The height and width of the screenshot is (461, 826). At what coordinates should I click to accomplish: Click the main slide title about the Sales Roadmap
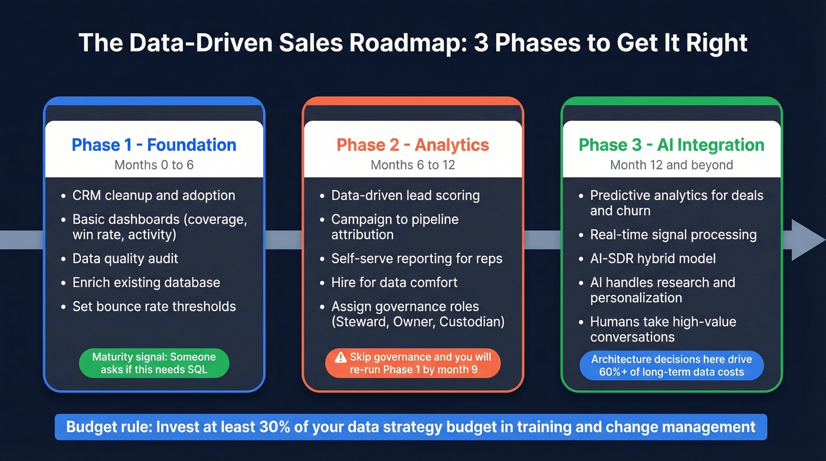click(413, 44)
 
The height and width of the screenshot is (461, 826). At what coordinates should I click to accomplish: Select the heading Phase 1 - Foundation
click(154, 145)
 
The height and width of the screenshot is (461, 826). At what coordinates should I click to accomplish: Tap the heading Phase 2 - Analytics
click(412, 145)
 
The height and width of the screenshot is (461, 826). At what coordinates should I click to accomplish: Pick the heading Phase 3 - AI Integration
click(671, 145)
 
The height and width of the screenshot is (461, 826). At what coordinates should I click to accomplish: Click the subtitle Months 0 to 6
click(154, 165)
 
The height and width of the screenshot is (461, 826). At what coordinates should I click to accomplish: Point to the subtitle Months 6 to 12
click(412, 165)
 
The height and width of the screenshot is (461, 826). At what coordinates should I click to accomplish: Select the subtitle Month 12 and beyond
click(671, 165)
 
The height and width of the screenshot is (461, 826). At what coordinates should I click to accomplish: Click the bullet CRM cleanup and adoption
click(153, 195)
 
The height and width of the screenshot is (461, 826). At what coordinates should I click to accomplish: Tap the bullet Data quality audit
click(125, 259)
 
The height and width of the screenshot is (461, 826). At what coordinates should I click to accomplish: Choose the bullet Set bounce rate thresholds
click(154, 306)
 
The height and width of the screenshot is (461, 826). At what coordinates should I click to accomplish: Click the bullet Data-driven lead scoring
click(405, 195)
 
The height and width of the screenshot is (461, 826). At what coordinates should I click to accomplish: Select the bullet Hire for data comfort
click(394, 282)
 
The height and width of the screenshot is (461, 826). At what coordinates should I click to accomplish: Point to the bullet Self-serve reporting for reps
click(417, 259)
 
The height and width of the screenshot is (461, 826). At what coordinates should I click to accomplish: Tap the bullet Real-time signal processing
click(673, 234)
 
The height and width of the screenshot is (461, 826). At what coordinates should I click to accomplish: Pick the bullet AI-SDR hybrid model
click(653, 259)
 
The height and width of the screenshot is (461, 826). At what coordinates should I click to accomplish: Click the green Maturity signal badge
click(154, 363)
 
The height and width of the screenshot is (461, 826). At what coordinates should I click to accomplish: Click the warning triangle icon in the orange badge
click(340, 357)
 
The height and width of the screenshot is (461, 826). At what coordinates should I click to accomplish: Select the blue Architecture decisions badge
click(671, 365)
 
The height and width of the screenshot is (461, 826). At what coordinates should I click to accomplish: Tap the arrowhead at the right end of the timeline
click(807, 240)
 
